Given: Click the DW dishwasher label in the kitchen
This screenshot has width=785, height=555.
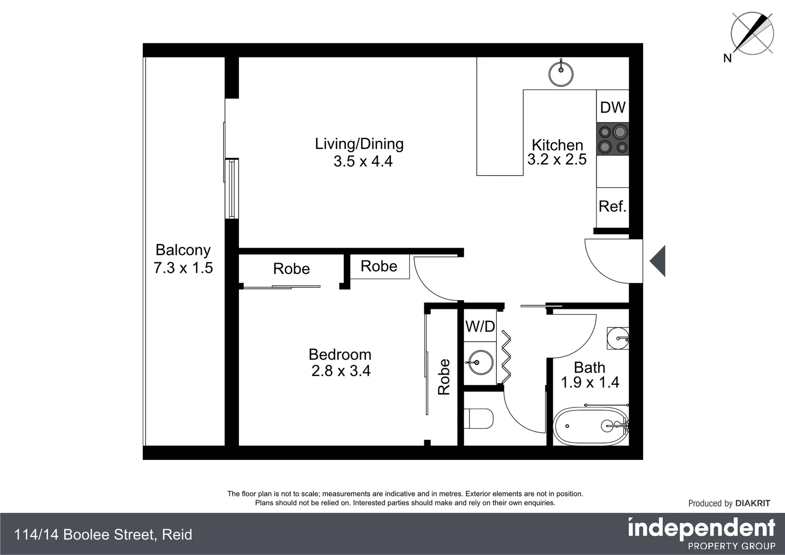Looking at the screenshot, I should pyautogui.click(x=612, y=107).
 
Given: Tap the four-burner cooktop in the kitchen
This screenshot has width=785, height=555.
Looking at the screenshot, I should pyautogui.click(x=612, y=139).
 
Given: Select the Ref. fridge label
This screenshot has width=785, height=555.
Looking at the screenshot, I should pyautogui.click(x=612, y=207).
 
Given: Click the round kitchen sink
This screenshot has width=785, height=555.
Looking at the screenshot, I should pyautogui.click(x=561, y=73).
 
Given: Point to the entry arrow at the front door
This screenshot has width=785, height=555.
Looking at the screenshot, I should pyautogui.click(x=658, y=261).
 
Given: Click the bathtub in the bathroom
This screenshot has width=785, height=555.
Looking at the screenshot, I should pyautogui.click(x=590, y=426).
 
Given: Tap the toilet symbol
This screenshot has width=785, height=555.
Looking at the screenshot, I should pyautogui.click(x=478, y=418).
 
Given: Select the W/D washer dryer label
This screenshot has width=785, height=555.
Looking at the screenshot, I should pyautogui.click(x=480, y=326).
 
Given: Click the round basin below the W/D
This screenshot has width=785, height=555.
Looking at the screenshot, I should pyautogui.click(x=480, y=363).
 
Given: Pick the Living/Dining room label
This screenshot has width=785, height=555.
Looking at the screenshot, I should pyautogui.click(x=359, y=144).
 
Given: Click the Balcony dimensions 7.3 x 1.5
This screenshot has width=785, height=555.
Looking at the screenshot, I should pyautogui.click(x=183, y=268).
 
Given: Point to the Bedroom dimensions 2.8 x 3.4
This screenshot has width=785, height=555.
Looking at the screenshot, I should pyautogui.click(x=341, y=371).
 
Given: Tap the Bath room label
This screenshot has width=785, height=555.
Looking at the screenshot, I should pyautogui.click(x=589, y=367).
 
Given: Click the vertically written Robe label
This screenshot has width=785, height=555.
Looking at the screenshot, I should pyautogui.click(x=444, y=377).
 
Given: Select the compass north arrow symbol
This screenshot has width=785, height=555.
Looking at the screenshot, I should pyautogui.click(x=752, y=33).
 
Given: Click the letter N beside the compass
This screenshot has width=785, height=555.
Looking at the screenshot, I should pyautogui.click(x=727, y=59).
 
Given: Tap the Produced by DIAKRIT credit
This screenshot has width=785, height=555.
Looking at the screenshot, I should pyautogui.click(x=728, y=504).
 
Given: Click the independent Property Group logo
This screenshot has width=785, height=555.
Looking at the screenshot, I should pyautogui.click(x=701, y=533).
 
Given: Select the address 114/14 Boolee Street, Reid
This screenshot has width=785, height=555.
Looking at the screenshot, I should pyautogui.click(x=103, y=535).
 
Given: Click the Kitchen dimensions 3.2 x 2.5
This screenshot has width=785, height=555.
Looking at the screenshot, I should pyautogui.click(x=557, y=160).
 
